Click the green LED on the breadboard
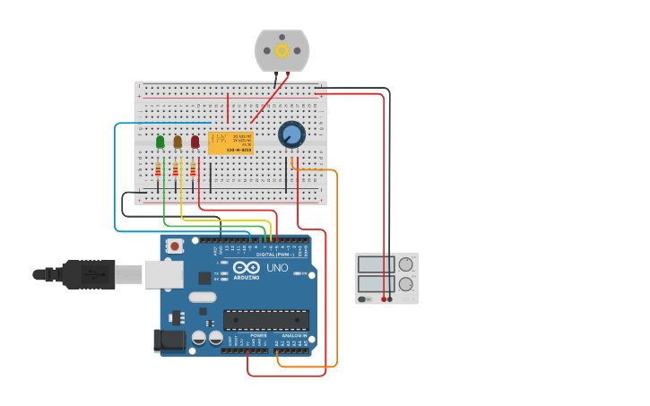click(160, 142)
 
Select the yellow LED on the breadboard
click(178, 142)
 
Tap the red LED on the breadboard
click(195, 142)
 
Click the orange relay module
click(230, 143)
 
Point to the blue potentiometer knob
click(291, 134)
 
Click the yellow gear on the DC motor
click(282, 50)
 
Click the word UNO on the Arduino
click(277, 268)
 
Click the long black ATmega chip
click(266, 319)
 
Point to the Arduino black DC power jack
click(169, 341)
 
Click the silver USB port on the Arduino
click(163, 273)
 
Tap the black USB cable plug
click(90, 274)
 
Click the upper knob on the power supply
click(406, 264)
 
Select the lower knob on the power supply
click(406, 284)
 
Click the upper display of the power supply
click(376, 264)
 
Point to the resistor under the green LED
click(159, 170)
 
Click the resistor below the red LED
click(193, 170)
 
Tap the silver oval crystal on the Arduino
click(203, 297)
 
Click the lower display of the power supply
click(376, 284)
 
